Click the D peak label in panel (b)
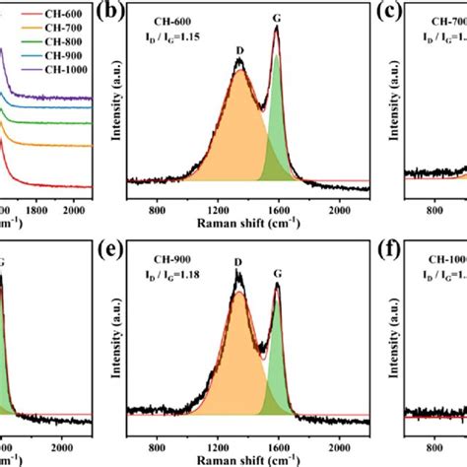tap(240, 49)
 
